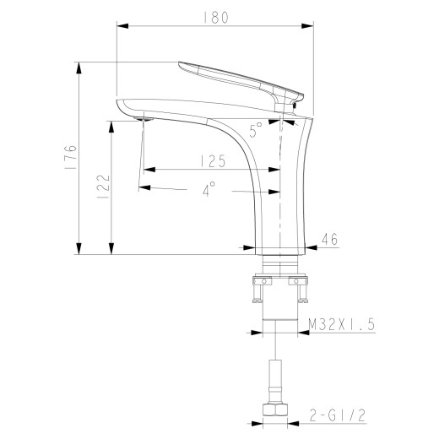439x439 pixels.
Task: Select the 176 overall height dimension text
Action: point(71,158)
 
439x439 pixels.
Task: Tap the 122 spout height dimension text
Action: point(102,186)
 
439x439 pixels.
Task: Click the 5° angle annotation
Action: point(256,129)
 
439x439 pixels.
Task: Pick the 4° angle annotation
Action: point(209,190)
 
